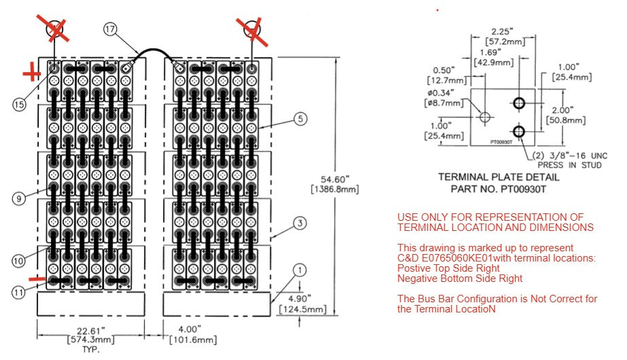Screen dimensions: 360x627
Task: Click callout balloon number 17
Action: pyautogui.click(x=111, y=29)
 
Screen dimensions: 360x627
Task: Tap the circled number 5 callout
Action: pyautogui.click(x=300, y=118)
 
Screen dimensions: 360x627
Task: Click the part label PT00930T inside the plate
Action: pyautogui.click(x=501, y=142)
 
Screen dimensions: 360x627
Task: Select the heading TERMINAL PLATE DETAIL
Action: pyautogui.click(x=499, y=177)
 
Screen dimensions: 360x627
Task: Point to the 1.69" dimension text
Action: pyautogui.click(x=490, y=52)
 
